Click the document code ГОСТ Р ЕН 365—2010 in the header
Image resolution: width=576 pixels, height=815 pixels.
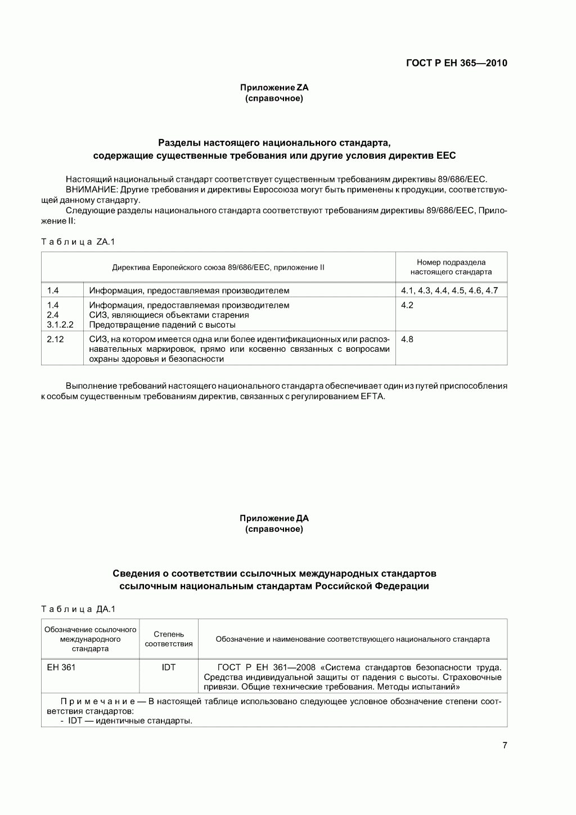coord(456,63)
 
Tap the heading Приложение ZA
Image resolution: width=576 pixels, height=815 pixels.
coord(274,88)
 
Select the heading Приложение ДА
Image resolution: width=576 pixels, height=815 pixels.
coord(274,518)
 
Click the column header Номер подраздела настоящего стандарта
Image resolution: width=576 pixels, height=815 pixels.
coord(451,267)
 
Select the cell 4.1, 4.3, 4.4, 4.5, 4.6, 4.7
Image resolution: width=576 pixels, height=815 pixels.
coord(449,290)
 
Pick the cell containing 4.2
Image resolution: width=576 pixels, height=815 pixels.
coord(407,305)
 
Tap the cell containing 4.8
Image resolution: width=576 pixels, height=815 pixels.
coord(407,339)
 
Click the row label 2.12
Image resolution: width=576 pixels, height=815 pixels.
coord(55,339)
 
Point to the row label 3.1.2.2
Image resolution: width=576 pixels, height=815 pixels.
coord(60,325)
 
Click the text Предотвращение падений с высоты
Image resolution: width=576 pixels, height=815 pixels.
coord(162,325)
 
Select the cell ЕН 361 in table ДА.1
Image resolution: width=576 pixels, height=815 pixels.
coord(61,668)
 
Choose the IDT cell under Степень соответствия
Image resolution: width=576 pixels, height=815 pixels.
coord(168,668)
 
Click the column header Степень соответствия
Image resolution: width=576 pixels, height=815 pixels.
coord(168,639)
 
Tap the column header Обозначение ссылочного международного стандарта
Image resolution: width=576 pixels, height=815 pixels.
coord(90,639)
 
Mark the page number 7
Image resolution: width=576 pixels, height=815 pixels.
coord(505,746)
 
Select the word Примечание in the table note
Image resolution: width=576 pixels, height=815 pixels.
coord(97,701)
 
